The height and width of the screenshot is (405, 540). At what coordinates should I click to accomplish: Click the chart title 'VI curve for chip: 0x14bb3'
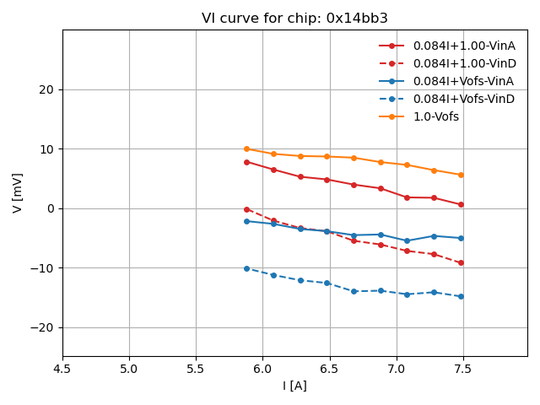pyautogui.click(x=294, y=18)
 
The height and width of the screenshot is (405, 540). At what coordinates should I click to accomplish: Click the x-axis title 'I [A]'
pyautogui.click(x=294, y=386)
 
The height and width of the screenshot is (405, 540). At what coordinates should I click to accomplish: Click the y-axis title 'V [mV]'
pyautogui.click(x=18, y=192)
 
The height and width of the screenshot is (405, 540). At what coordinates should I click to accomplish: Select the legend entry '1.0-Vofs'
pyautogui.click(x=435, y=116)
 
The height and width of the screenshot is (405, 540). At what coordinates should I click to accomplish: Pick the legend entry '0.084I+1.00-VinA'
pyautogui.click(x=463, y=46)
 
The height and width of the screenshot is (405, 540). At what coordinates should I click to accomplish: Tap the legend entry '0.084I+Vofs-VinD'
pyautogui.click(x=463, y=99)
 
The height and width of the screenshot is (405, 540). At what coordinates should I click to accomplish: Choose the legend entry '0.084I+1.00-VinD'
pyautogui.click(x=463, y=63)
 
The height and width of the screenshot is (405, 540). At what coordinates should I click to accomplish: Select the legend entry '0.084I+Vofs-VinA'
pyautogui.click(x=463, y=81)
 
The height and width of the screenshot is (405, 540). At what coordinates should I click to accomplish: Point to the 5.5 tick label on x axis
pyautogui.click(x=196, y=369)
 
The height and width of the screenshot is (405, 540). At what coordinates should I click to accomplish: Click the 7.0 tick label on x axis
pyautogui.click(x=397, y=369)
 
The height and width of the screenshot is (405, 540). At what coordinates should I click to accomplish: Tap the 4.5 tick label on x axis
pyautogui.click(x=62, y=369)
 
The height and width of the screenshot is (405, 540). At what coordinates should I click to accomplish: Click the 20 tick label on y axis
pyautogui.click(x=47, y=90)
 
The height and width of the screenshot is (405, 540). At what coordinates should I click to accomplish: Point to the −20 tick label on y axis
pyautogui.click(x=44, y=328)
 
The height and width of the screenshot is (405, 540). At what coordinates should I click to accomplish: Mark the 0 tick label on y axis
pyautogui.click(x=51, y=209)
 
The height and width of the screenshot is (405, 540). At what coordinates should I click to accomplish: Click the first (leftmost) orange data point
pyautogui.click(x=246, y=149)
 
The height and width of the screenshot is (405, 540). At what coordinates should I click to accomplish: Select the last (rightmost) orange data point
pyautogui.click(x=461, y=175)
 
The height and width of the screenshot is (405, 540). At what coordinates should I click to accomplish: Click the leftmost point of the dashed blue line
pyautogui.click(x=246, y=268)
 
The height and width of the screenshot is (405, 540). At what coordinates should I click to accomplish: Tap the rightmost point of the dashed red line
pyautogui.click(x=461, y=263)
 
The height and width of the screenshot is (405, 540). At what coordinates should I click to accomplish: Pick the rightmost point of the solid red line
pyautogui.click(x=461, y=204)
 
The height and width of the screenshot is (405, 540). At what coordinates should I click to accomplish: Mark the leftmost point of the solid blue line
pyautogui.click(x=246, y=221)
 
